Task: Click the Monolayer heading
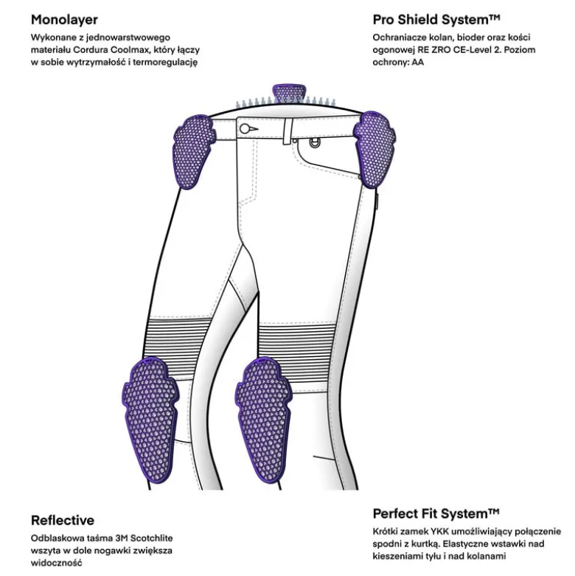click(x=64, y=19)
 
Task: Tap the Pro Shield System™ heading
click(x=436, y=19)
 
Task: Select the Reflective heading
click(x=63, y=520)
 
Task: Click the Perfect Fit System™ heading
click(x=436, y=513)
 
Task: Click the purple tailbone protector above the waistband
click(x=290, y=94)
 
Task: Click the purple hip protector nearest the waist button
click(x=192, y=152)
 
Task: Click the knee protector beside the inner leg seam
click(x=263, y=420)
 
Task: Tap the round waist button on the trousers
click(x=245, y=128)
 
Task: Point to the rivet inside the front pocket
click(x=314, y=143)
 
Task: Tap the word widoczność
click(x=57, y=563)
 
